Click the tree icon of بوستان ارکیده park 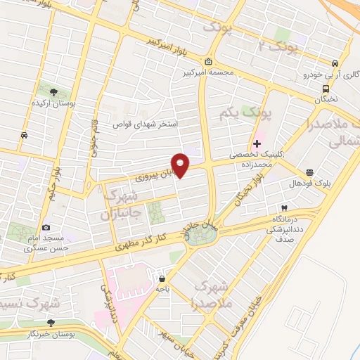click(54, 91)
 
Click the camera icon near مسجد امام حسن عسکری click(46, 227)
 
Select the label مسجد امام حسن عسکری click(46, 243)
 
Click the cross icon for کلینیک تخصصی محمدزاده click(257, 143)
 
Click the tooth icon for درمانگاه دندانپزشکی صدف click(284, 207)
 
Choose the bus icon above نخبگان click(326, 89)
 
